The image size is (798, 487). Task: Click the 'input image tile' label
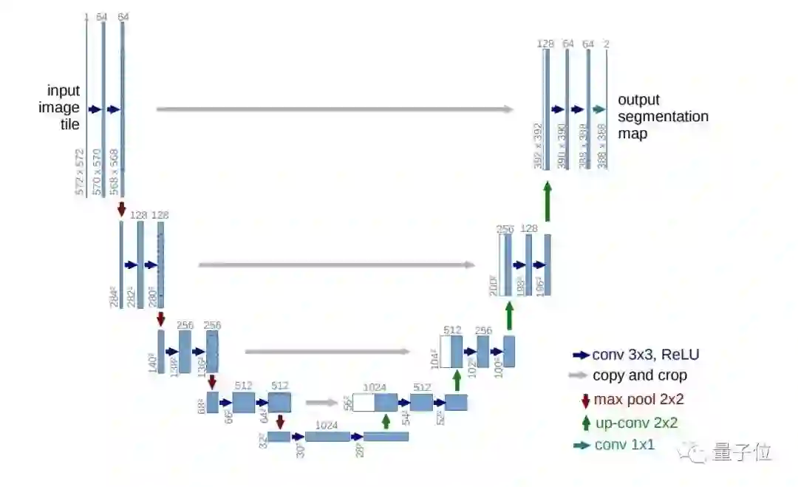point(64,108)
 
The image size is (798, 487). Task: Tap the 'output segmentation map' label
point(662,117)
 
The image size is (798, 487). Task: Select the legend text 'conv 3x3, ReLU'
point(645,355)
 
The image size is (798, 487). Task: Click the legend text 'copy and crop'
point(639,375)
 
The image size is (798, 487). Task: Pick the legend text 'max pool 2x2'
point(638,400)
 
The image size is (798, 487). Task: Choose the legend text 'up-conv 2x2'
point(635,423)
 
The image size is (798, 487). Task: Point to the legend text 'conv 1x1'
point(624,445)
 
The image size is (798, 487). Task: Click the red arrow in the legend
point(585,401)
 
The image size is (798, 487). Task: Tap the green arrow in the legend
point(585,423)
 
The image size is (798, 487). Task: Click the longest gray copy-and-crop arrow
point(335,109)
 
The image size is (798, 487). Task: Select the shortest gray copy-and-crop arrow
point(320,403)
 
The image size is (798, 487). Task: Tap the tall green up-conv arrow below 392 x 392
point(548,200)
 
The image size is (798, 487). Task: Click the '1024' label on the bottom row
point(327,425)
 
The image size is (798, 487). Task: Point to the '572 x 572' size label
point(79,172)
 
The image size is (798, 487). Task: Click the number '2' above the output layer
point(606,44)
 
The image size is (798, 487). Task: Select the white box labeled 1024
point(364,402)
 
